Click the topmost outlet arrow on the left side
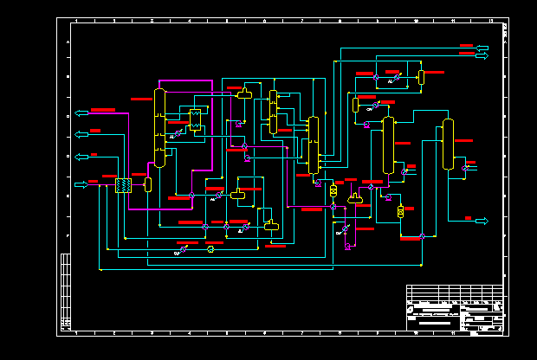(82, 112)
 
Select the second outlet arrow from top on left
(82, 134)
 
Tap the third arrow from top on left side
(82, 157)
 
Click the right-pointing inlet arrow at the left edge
(82, 184)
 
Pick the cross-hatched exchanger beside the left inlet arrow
(123, 185)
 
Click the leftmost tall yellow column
(159, 127)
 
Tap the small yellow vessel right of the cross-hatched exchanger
(148, 184)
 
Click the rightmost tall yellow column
(448, 145)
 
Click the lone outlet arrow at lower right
(481, 222)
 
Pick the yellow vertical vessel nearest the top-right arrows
(421, 77)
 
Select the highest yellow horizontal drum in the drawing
(245, 93)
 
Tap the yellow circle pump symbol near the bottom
(210, 249)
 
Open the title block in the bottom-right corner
(454, 308)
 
